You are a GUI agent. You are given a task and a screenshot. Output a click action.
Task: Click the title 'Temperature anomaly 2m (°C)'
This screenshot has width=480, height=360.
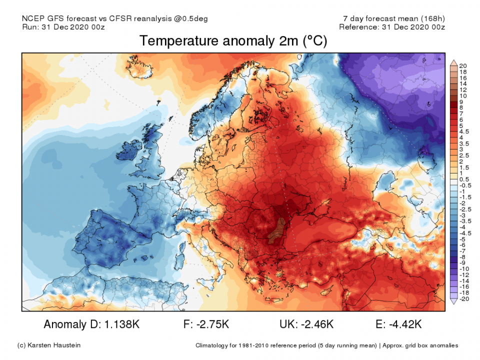[233, 41]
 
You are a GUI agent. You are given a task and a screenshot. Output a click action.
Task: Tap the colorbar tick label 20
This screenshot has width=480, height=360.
[462, 66]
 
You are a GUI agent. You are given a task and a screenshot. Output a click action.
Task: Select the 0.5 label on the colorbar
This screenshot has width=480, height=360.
[464, 179]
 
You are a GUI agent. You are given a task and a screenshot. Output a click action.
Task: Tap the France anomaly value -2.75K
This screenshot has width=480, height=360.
[213, 324]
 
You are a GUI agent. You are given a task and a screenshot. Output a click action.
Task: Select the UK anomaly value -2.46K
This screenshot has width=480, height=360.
[316, 324]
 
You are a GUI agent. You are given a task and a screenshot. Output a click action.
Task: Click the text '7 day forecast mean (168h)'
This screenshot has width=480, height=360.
[391, 19]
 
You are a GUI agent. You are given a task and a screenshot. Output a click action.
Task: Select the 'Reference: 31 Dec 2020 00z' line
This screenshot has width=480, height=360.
[391, 27]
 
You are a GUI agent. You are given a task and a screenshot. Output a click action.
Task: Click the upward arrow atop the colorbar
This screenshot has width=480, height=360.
[453, 62]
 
